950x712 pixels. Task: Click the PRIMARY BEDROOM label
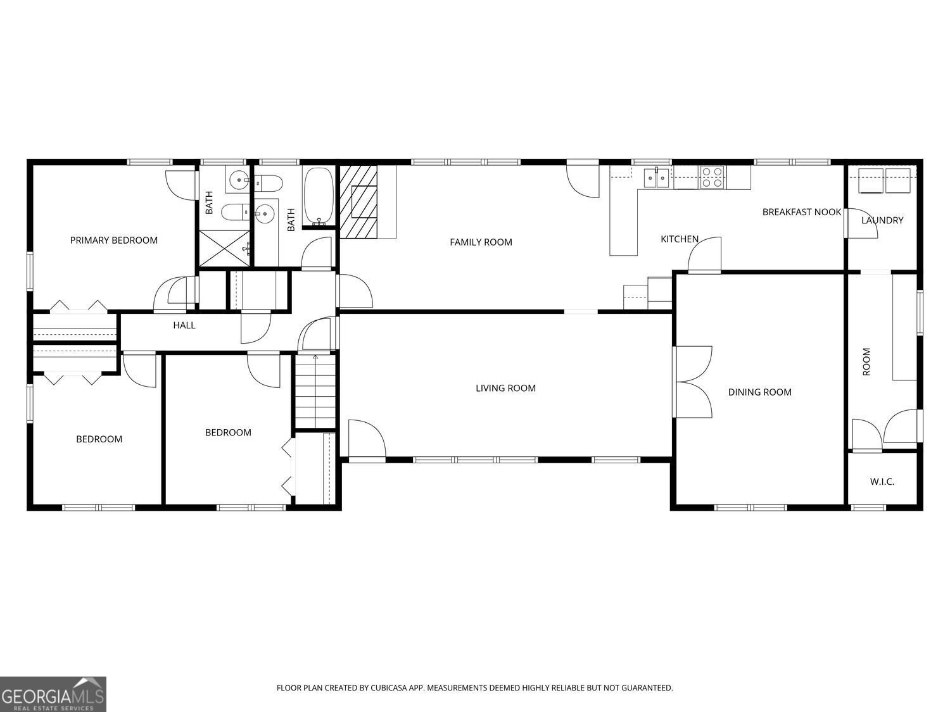[113, 240]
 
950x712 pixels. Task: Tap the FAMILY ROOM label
[481, 242]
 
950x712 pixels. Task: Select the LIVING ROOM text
[505, 388]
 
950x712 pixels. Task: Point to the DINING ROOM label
[759, 392]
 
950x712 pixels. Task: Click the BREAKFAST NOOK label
[801, 212]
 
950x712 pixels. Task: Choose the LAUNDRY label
[882, 220]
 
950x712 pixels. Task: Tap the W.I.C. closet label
[882, 482]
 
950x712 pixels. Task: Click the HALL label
[184, 325]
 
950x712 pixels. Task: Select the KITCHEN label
[679, 239]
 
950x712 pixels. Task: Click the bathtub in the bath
[318, 196]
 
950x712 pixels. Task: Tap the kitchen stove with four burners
[712, 177]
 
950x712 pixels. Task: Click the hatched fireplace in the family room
[358, 201]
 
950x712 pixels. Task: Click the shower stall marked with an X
[225, 248]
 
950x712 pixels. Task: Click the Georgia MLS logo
[53, 694]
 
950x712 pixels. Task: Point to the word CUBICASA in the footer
[388, 687]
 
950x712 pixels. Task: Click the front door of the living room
[366, 439]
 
